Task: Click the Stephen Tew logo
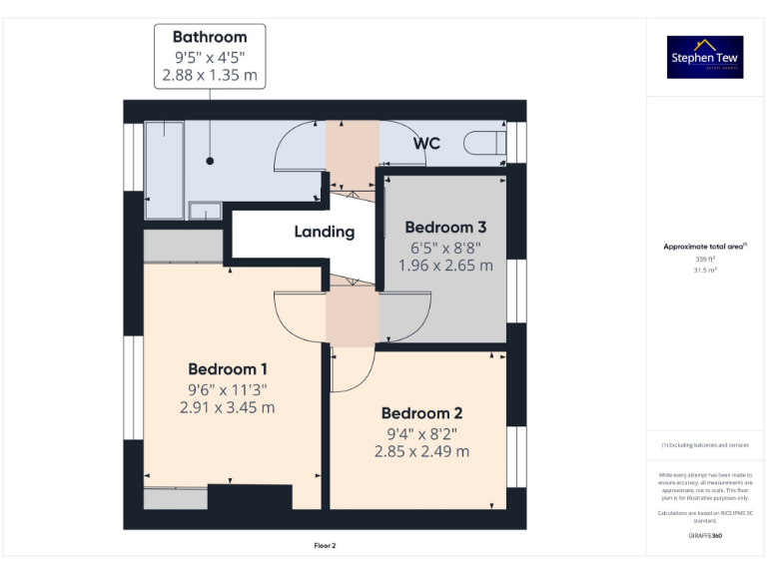tap(705, 57)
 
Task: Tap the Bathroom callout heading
tap(210, 38)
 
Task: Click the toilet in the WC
tap(485, 143)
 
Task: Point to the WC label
tap(427, 144)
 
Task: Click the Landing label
tap(325, 232)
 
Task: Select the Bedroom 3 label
tap(445, 227)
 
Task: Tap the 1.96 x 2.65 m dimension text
tap(445, 266)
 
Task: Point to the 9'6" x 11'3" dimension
tap(227, 389)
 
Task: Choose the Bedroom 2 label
tap(421, 413)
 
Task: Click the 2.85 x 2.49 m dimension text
tap(421, 451)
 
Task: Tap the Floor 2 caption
tap(325, 546)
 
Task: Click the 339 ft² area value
tap(705, 259)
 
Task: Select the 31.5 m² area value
tap(705, 269)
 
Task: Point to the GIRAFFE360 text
tap(705, 536)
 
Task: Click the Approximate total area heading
tap(705, 246)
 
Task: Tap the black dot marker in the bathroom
tap(210, 160)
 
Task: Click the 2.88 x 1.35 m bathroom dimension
tap(210, 75)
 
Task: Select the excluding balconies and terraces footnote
tap(705, 445)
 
